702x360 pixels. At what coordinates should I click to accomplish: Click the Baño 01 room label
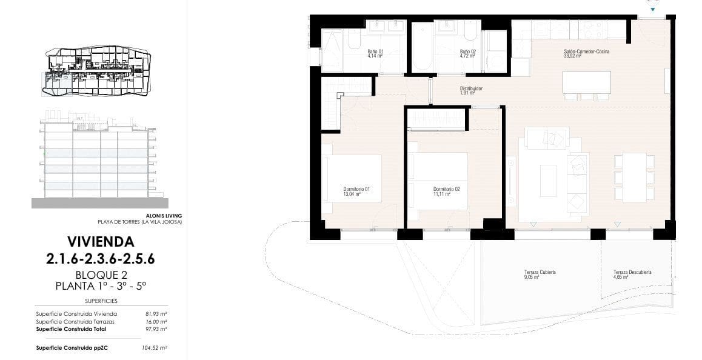click(375, 52)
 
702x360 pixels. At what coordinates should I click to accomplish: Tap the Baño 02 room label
click(467, 52)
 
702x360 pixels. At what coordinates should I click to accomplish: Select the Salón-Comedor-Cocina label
click(586, 52)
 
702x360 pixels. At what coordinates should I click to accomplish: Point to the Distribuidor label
click(470, 88)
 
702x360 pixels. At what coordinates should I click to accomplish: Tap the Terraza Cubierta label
click(540, 272)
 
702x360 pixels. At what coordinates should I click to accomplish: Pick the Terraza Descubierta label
click(632, 272)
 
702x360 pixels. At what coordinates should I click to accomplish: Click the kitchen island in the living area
click(586, 81)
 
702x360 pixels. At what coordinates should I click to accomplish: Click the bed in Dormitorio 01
click(352, 182)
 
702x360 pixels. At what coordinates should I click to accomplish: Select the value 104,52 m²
click(155, 348)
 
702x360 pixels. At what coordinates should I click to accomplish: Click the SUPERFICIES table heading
click(101, 301)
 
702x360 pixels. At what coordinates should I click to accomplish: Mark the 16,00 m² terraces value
click(156, 321)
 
